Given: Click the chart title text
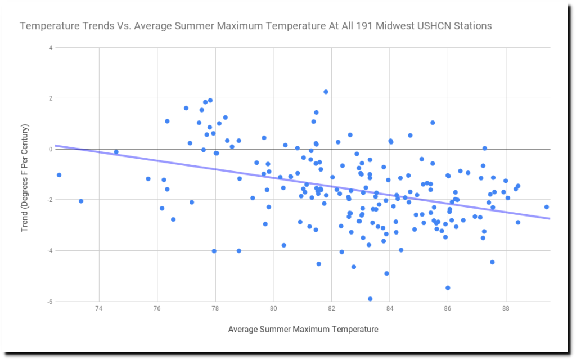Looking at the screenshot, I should click(256, 26).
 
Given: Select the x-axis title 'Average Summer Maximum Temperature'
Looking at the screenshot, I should click(303, 329).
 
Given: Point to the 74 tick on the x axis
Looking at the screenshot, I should click(99, 310).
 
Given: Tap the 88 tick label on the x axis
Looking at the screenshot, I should click(506, 310).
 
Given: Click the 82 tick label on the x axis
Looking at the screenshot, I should click(331, 310).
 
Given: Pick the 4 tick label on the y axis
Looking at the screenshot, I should click(50, 48).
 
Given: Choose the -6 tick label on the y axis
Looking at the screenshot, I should click(49, 301).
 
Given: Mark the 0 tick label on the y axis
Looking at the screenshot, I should click(50, 149).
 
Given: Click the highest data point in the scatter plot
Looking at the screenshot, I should click(326, 92).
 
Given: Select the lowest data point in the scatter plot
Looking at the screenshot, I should click(370, 299).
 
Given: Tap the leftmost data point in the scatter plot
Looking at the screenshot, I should click(59, 175).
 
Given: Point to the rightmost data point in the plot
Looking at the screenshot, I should click(546, 207).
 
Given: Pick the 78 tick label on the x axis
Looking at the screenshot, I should click(215, 310).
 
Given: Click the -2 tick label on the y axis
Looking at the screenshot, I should click(49, 200).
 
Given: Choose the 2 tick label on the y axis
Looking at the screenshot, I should click(50, 98).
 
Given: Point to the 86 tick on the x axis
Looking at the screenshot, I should click(448, 310).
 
